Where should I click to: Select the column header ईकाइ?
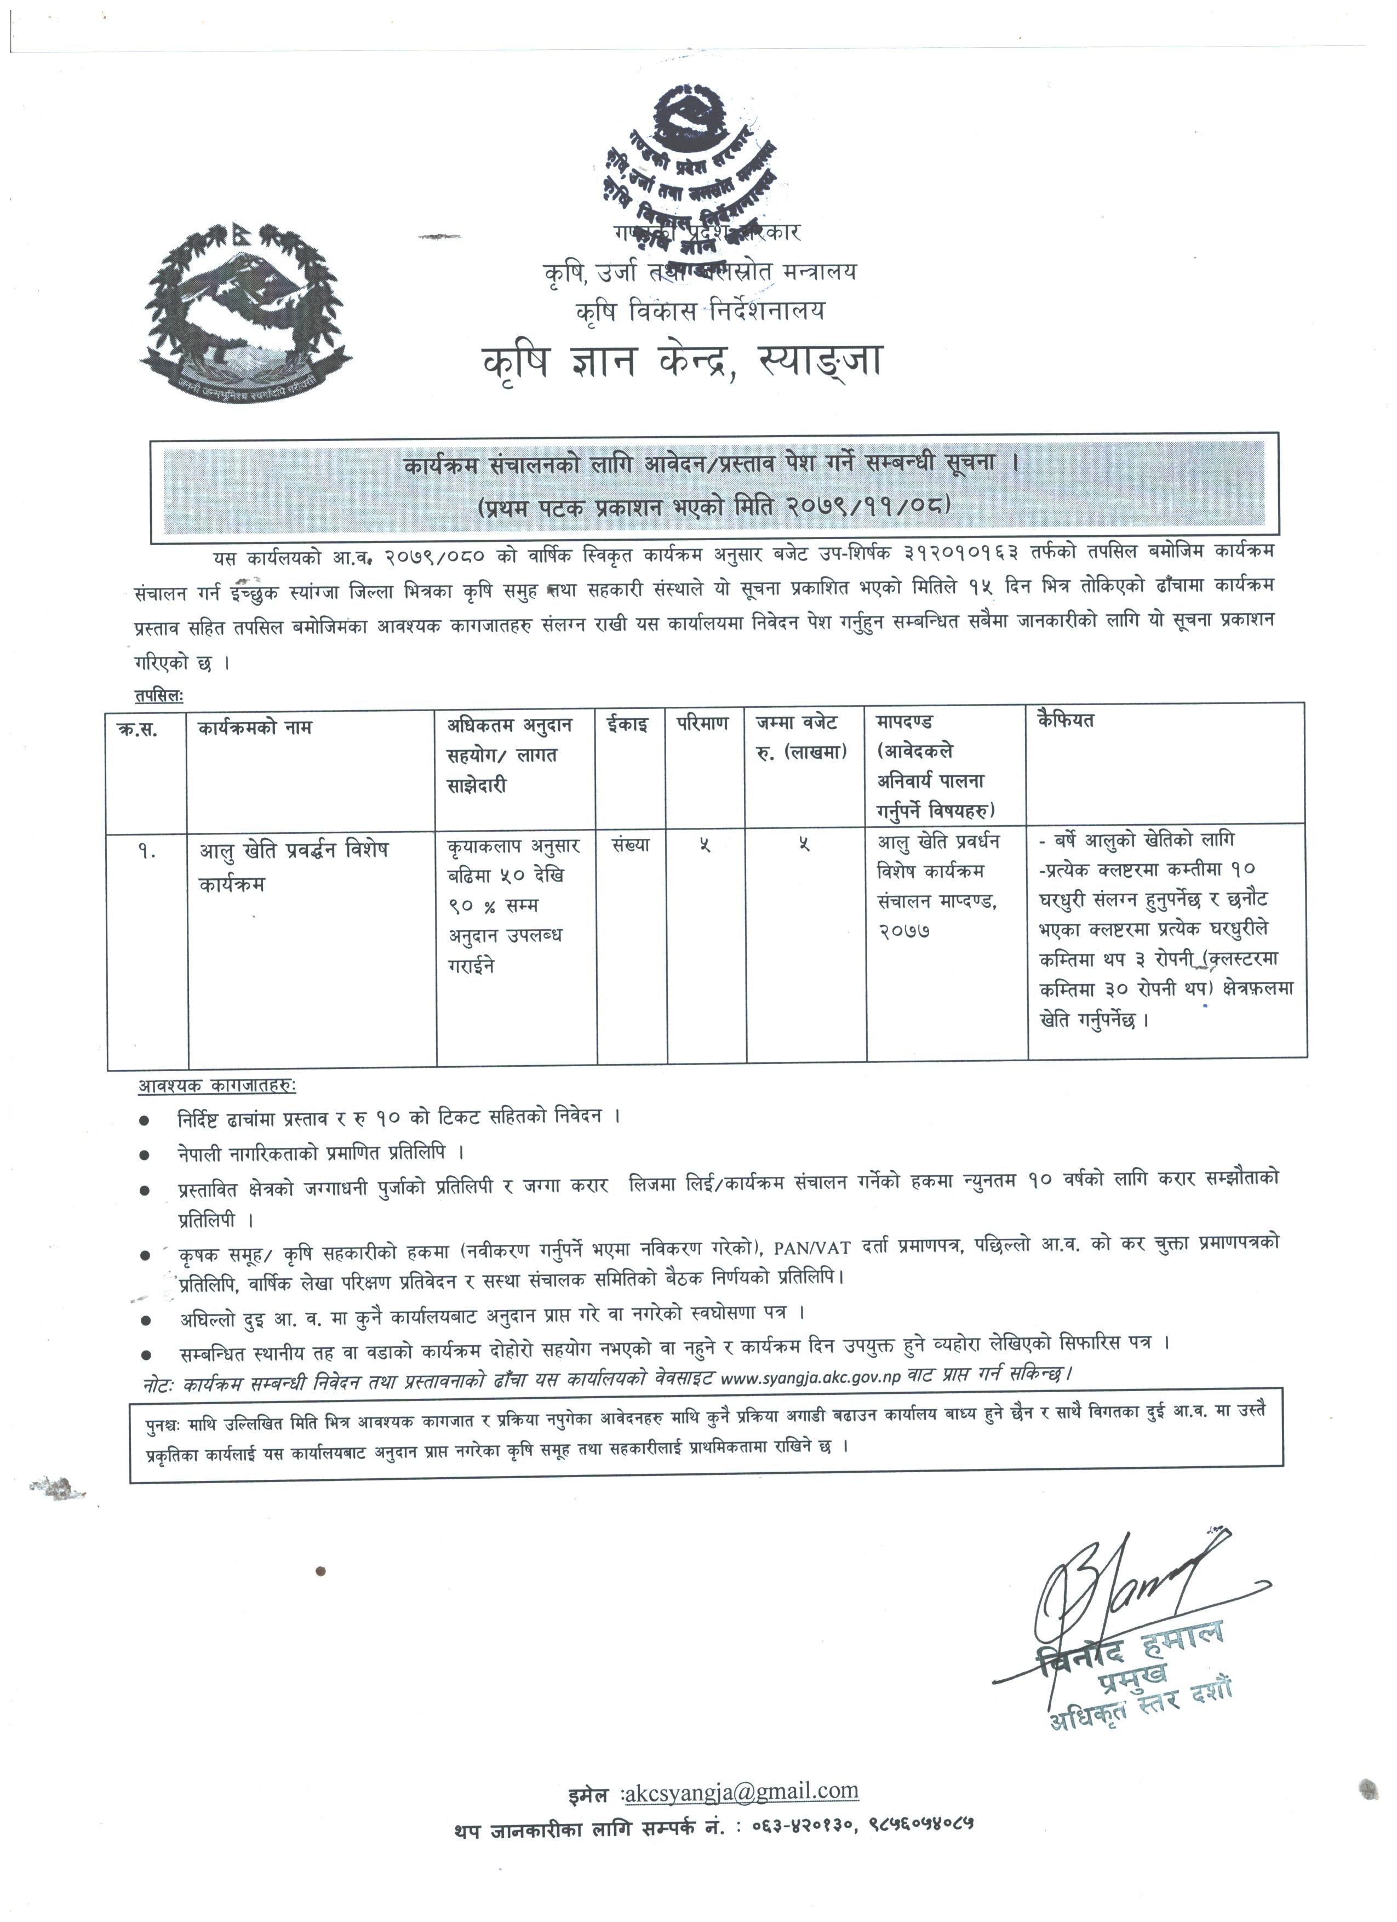pos(627,725)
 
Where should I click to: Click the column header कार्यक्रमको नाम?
pos(255,727)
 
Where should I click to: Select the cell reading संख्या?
pos(628,845)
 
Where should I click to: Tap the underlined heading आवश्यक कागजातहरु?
pos(217,1085)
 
